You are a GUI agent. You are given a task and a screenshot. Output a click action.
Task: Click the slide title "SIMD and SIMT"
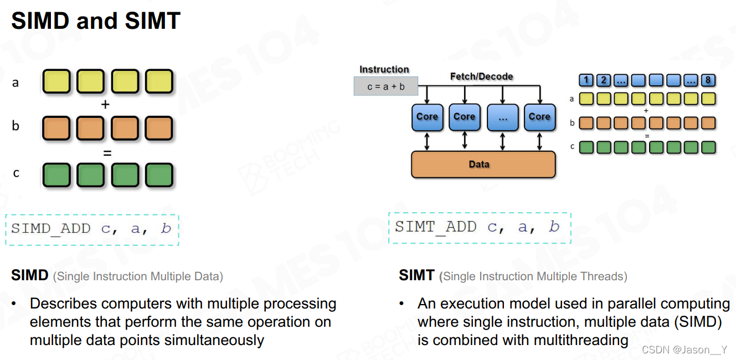[x=96, y=21]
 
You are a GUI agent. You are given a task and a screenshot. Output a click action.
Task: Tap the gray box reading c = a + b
[x=386, y=86]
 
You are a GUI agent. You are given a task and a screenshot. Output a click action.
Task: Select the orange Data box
[x=483, y=164]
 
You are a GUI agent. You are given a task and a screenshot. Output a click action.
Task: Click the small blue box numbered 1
[x=586, y=80]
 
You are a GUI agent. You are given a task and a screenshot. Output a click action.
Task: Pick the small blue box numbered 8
[x=708, y=80]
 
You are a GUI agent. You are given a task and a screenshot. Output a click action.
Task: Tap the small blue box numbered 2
[x=604, y=80]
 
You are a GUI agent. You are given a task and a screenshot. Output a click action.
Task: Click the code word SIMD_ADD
[x=51, y=228]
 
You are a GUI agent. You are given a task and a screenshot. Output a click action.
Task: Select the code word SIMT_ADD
[x=435, y=227]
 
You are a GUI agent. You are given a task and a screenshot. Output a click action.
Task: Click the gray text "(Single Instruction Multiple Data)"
[x=138, y=276]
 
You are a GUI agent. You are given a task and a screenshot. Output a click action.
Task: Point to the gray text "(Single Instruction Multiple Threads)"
[x=533, y=276]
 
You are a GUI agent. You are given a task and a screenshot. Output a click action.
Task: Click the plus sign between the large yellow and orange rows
[x=106, y=104]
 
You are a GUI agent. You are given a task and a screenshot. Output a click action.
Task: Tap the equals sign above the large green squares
[x=107, y=152]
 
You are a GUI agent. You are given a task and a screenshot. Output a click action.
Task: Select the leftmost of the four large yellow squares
[x=56, y=81]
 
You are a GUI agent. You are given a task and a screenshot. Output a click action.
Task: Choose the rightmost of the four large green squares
[x=159, y=175]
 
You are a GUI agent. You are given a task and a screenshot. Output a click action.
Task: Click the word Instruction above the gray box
[x=384, y=69]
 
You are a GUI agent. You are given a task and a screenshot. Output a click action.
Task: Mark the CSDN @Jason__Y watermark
[x=685, y=349]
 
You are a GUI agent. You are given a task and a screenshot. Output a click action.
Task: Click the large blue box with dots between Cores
[x=502, y=117]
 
